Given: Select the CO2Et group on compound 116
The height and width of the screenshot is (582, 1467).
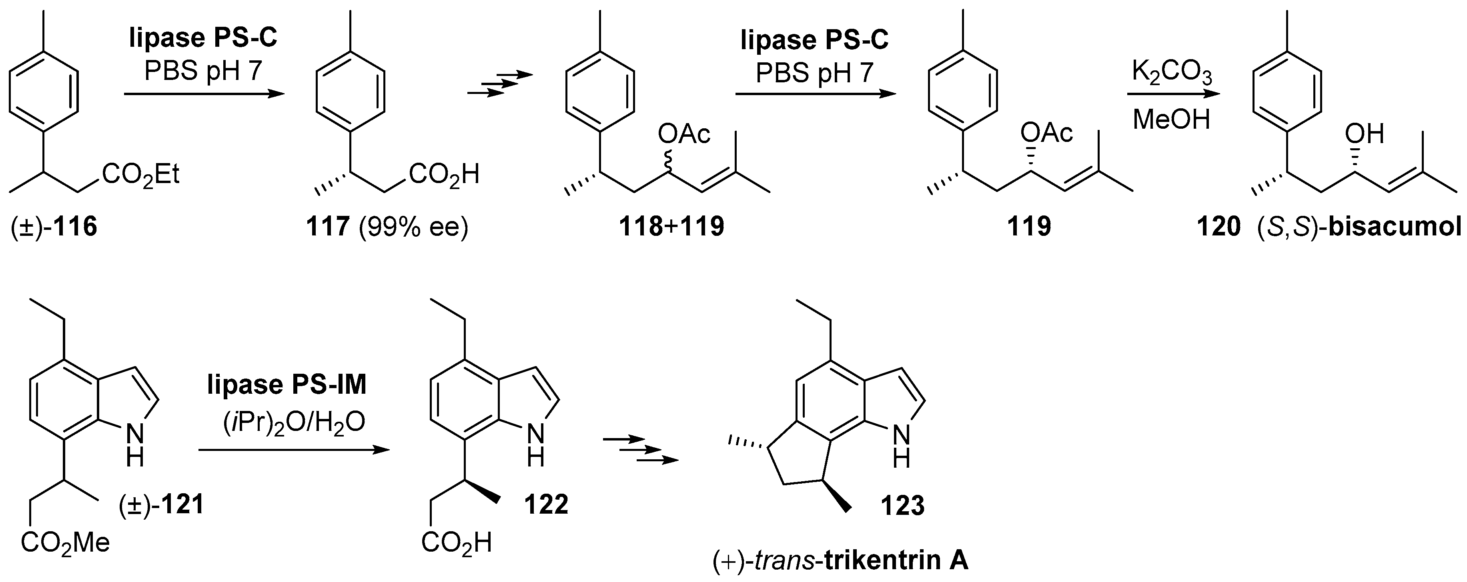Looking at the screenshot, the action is (141, 175).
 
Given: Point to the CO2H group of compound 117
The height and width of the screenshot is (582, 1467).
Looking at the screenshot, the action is (445, 175).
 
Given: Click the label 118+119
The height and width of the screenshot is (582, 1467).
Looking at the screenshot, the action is (671, 226).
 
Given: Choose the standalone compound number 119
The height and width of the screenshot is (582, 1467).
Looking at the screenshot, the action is (1028, 226).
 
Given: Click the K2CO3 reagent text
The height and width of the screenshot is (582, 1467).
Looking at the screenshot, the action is (1171, 74).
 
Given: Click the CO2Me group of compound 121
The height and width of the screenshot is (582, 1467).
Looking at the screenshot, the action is (65, 543).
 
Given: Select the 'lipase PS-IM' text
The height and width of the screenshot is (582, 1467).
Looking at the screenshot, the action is (287, 385).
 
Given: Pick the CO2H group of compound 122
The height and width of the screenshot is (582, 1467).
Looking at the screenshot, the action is (456, 543).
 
